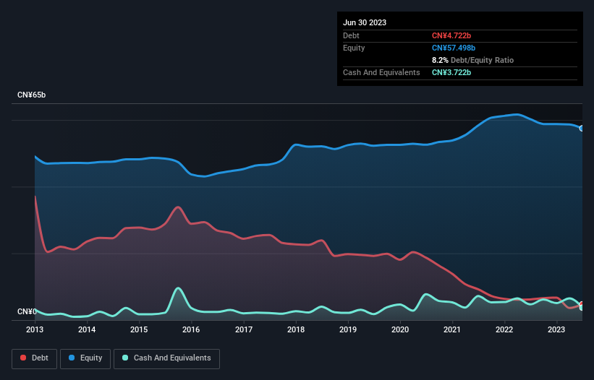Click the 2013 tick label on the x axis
[x=35, y=329]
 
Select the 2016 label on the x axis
[x=191, y=329]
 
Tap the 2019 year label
[x=348, y=329]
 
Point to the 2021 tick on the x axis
[x=452, y=329]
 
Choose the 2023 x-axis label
[x=556, y=329]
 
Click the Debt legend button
[x=35, y=358]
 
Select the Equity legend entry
[x=85, y=358]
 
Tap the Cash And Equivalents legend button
[x=166, y=358]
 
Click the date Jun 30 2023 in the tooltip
[x=365, y=22]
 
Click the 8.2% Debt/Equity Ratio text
[x=472, y=60]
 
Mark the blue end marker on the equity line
[x=582, y=128]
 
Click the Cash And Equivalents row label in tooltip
[x=381, y=72]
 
